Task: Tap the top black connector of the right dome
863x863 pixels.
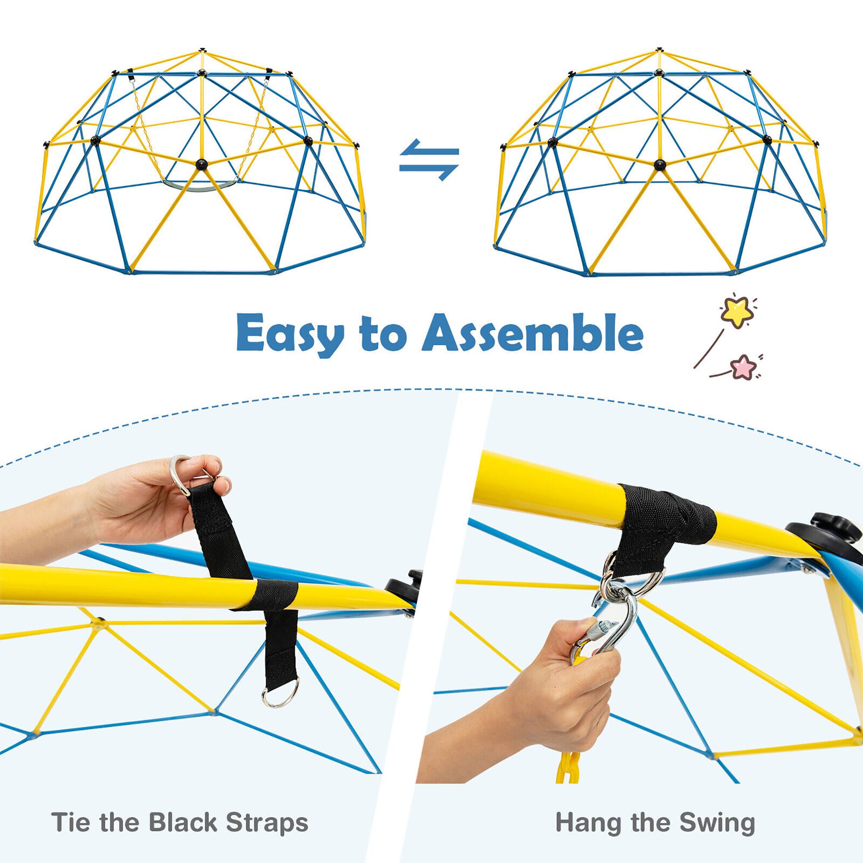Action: pos(659,50)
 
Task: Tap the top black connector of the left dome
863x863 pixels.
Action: pos(202,49)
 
